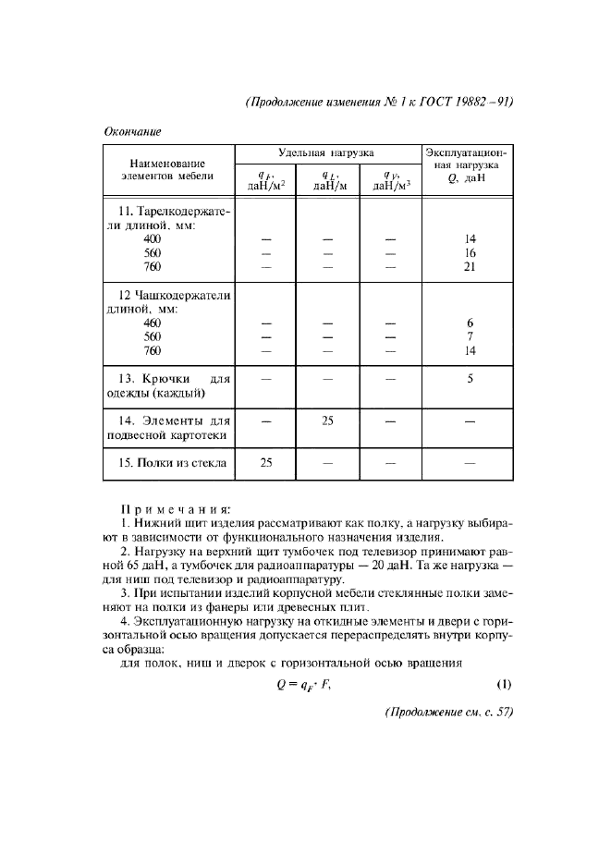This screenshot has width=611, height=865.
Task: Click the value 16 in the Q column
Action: point(470,252)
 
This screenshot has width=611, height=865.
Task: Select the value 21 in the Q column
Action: point(470,267)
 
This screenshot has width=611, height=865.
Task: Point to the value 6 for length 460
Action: point(470,323)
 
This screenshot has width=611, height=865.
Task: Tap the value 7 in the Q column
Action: point(470,337)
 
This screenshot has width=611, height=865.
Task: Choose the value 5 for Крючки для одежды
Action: point(470,378)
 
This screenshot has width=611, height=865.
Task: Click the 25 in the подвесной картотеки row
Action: point(326,420)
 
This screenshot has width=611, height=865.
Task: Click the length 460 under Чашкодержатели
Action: point(153,323)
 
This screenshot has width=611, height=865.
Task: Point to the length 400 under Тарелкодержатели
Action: point(153,238)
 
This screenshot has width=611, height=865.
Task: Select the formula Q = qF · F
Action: point(305,686)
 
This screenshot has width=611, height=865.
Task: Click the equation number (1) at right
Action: point(504,685)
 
